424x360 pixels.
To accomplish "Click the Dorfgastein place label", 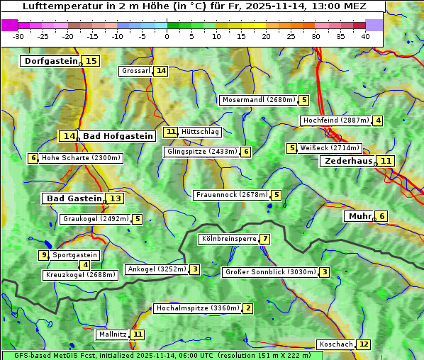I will coord(50,61).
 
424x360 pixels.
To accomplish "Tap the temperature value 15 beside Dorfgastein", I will coord(91,61).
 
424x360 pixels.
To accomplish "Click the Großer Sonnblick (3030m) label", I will coord(269,272).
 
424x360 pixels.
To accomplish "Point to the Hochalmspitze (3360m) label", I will coord(197,308).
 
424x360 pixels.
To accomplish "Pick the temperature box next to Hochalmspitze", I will coord(247,308).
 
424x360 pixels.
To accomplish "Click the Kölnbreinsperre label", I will coord(228,239).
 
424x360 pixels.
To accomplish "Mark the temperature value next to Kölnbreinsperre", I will coord(265,239).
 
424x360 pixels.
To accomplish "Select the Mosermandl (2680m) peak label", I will coord(258,100).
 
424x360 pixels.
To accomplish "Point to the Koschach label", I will coord(335,344).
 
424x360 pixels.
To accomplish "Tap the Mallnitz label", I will coord(113,334).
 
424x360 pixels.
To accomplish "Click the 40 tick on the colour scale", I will coord(365,36).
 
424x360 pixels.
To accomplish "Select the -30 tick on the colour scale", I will coord(18,36).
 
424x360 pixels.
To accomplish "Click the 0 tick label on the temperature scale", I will coord(167,36).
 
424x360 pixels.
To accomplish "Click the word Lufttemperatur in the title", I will coord(56,6).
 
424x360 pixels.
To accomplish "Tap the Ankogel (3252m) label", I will coord(156,269).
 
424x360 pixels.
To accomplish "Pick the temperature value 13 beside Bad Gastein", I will coord(115,198).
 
